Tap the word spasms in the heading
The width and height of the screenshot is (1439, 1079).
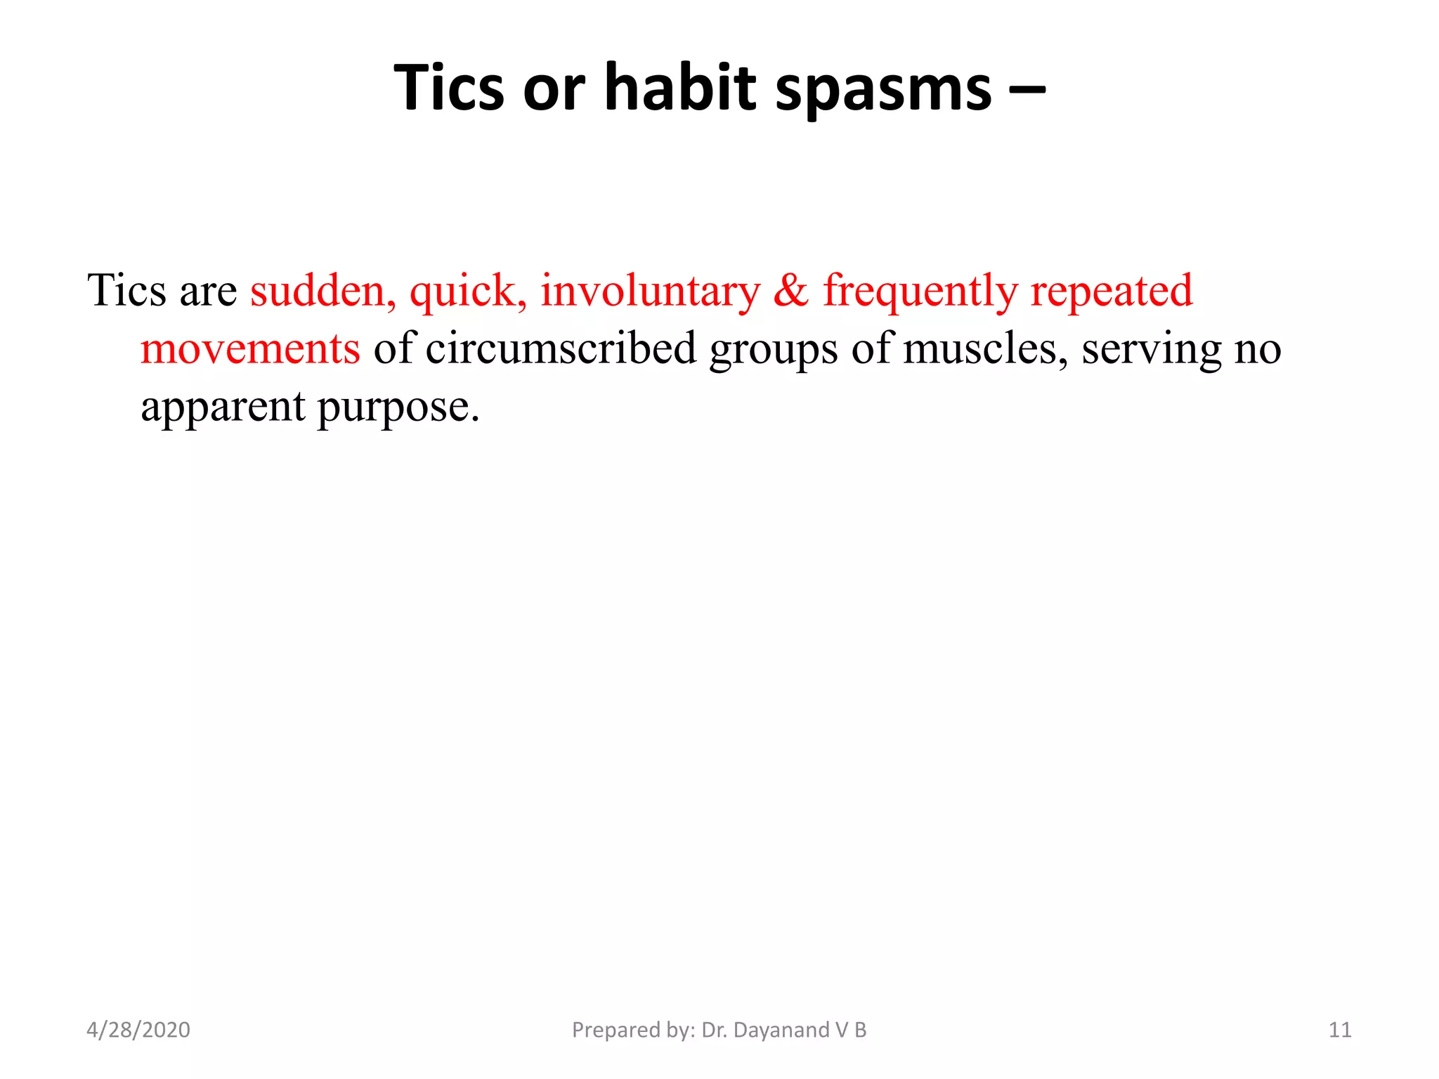pyautogui.click(x=883, y=90)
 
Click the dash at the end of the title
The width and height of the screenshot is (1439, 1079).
pyautogui.click(x=1027, y=90)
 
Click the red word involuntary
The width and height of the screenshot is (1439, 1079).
pyautogui.click(x=650, y=292)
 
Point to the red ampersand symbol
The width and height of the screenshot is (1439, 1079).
pyautogui.click(x=791, y=290)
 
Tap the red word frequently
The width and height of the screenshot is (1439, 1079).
pyautogui.click(x=920, y=292)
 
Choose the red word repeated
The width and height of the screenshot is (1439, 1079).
pyautogui.click(x=1112, y=292)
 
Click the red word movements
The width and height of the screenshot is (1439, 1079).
pyautogui.click(x=250, y=348)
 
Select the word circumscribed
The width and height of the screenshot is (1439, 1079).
pyautogui.click(x=561, y=348)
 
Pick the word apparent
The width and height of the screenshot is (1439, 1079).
pyautogui.click(x=223, y=408)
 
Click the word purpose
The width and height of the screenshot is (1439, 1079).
pyautogui.click(x=398, y=408)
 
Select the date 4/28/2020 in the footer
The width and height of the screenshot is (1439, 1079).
pyautogui.click(x=138, y=1030)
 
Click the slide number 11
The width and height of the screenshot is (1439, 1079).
pyautogui.click(x=1340, y=1030)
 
